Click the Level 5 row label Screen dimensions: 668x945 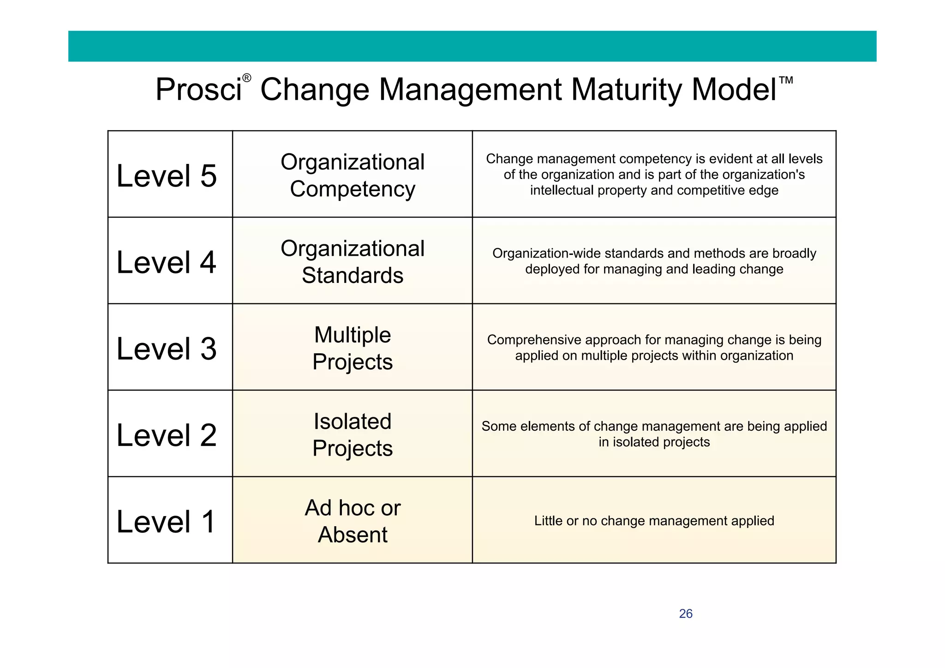point(167,176)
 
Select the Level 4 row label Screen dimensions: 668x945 point(167,262)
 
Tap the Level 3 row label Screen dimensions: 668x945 point(167,349)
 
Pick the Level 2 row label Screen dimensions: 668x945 point(167,435)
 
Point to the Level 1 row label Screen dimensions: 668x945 point(167,522)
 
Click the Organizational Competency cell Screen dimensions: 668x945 point(353,175)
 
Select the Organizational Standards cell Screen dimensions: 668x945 point(353,262)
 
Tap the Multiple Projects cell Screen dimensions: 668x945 point(353,348)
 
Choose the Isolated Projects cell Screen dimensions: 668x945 point(353,434)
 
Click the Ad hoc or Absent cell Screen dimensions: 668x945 point(353,521)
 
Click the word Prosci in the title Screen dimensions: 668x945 point(198,89)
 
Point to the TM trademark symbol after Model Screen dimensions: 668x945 point(786,80)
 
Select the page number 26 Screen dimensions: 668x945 point(686,614)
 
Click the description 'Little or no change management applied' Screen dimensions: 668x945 point(654,521)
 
